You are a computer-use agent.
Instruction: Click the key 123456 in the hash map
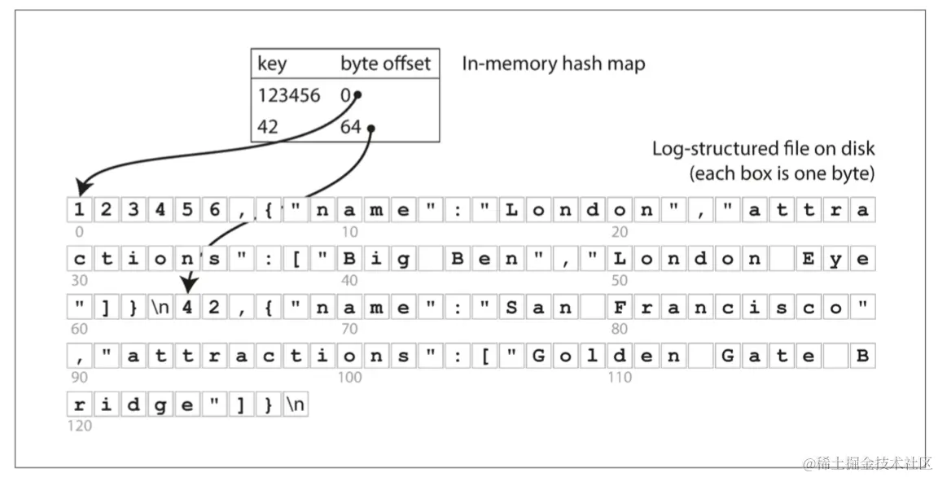(289, 95)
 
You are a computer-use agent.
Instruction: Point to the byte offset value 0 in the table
(345, 95)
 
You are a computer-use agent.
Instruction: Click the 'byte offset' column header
(385, 63)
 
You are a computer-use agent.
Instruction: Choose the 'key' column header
(272, 63)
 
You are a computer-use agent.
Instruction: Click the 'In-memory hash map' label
(553, 63)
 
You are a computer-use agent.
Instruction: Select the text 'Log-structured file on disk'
(763, 149)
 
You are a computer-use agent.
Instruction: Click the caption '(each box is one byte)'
(782, 173)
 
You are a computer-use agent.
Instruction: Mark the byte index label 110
(620, 378)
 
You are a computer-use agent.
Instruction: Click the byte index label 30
(80, 281)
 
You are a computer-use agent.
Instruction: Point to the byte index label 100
(350, 378)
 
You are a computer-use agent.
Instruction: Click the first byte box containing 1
(79, 211)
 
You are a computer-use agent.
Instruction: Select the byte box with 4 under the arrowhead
(187, 308)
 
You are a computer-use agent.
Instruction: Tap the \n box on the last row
(296, 405)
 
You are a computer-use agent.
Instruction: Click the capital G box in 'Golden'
(538, 356)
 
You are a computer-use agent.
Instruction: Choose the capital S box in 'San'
(511, 308)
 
